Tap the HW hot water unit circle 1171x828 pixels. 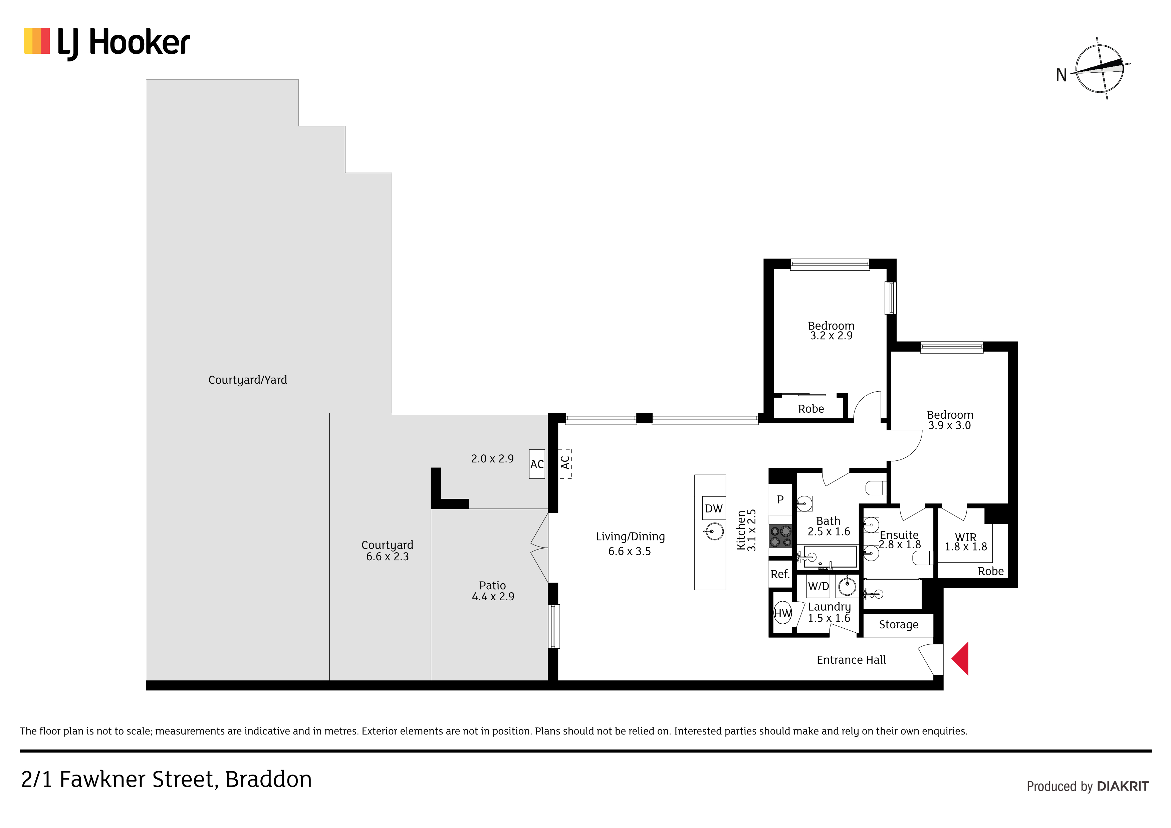[x=782, y=613]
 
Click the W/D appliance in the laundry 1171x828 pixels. [x=818, y=586]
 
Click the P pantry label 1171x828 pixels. [x=780, y=499]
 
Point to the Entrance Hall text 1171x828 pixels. [x=851, y=660]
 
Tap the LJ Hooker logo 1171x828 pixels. [x=107, y=43]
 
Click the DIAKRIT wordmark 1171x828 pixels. [x=1123, y=786]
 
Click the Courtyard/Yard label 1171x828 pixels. [x=248, y=380]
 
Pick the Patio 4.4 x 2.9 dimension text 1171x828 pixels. [x=493, y=596]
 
